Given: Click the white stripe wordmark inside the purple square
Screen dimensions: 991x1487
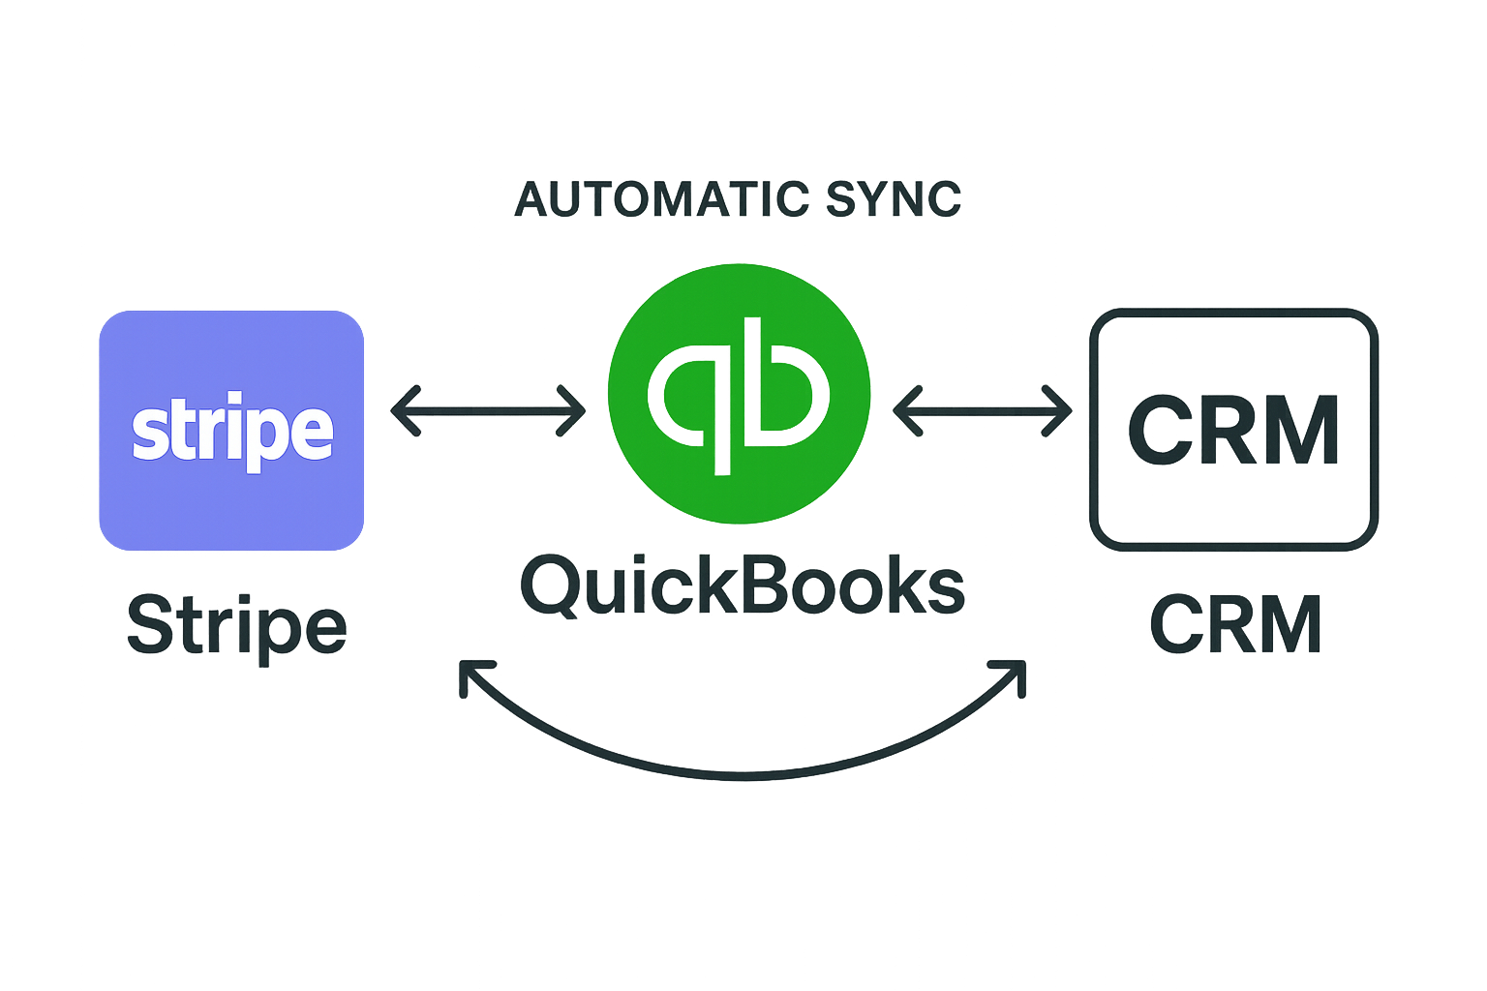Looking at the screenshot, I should [232, 432].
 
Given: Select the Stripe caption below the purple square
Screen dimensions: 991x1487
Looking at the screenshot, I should [236, 627].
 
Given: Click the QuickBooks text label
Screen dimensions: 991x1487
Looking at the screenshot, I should [743, 586].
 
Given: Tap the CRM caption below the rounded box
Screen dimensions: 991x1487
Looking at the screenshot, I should [1235, 625].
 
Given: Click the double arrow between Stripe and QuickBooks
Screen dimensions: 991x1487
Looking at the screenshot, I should [488, 410].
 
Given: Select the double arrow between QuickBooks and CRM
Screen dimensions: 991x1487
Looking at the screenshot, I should [982, 411].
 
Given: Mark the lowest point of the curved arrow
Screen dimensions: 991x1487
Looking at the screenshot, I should [743, 774].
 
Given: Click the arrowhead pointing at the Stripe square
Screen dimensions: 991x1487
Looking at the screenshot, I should [399, 410].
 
